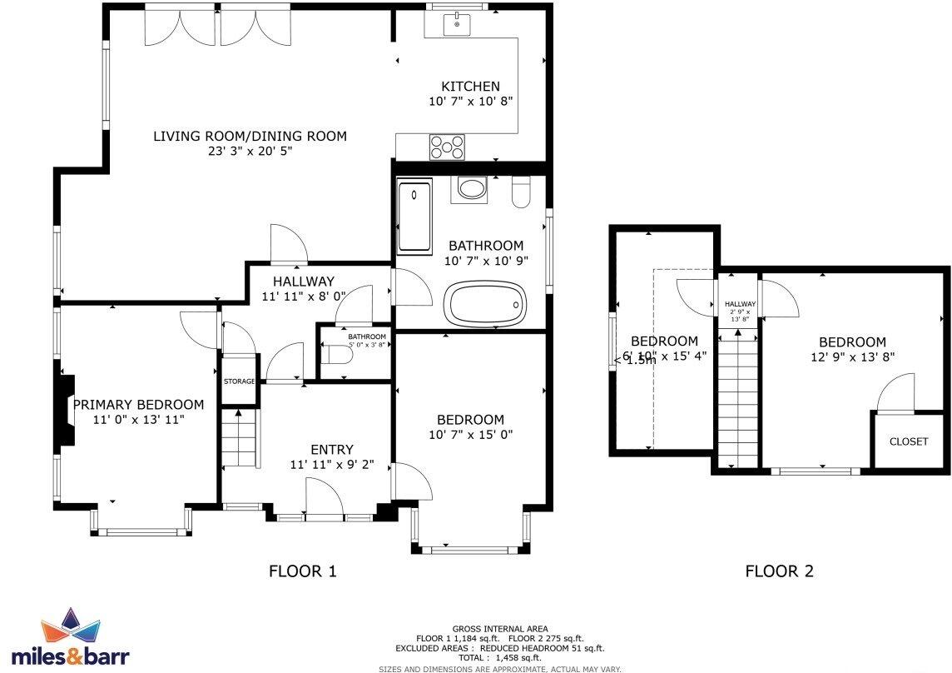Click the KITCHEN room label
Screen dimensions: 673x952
click(x=470, y=87)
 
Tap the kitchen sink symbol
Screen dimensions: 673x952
click(x=457, y=24)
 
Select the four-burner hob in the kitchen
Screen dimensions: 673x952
click(x=447, y=147)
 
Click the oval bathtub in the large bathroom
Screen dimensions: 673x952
click(x=486, y=304)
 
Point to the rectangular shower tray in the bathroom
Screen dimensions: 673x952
click(x=414, y=218)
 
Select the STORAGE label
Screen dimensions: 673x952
click(x=239, y=381)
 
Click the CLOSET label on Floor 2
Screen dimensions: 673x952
click(x=908, y=441)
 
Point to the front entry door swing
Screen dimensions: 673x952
click(x=325, y=500)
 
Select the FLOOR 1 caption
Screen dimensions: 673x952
click(x=303, y=571)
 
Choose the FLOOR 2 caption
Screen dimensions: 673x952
click(x=779, y=571)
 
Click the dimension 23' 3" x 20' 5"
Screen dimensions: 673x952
click(x=250, y=152)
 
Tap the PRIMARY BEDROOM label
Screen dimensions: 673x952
click(x=138, y=405)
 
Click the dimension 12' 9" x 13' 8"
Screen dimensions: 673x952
click(x=852, y=357)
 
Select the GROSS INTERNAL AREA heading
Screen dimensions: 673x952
click(x=500, y=629)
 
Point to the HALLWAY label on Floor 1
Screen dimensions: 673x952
click(x=297, y=282)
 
